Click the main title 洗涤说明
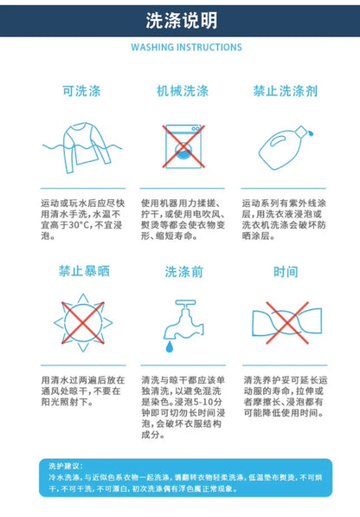[182, 21]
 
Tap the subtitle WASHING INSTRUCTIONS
[186, 47]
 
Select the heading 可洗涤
[81, 91]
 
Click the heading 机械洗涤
[183, 91]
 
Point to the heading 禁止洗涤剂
[286, 91]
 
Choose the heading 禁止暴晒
[84, 271]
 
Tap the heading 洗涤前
[183, 272]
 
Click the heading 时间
[286, 272]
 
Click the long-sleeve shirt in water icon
[82, 147]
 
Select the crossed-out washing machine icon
[183, 146]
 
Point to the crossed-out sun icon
[83, 323]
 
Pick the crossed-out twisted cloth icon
[287, 323]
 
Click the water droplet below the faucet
[169, 347]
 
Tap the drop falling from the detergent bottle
[311, 133]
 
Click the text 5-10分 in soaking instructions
[206, 403]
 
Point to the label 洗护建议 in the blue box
[66, 466]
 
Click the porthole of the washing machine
[183, 150]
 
